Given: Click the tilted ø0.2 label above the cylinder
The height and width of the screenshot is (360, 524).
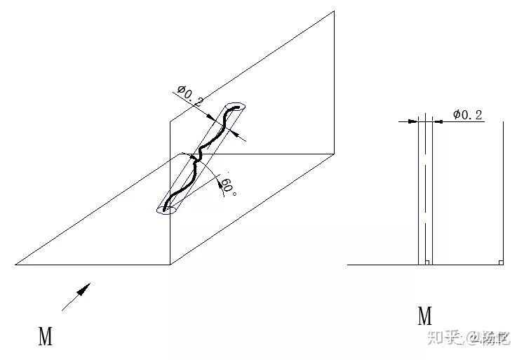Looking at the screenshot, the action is [x=191, y=95].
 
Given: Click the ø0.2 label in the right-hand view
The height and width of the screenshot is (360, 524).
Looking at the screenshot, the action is [x=467, y=114].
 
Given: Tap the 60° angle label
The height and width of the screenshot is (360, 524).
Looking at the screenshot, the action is [x=227, y=187].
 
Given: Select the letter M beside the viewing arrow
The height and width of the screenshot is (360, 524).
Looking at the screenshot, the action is [x=46, y=337].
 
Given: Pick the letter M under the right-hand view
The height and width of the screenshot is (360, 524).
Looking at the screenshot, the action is [x=425, y=316].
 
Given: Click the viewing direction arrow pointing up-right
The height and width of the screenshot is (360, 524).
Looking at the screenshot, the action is [x=76, y=296].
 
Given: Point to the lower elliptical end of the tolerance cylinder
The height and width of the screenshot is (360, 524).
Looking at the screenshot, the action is [x=166, y=209].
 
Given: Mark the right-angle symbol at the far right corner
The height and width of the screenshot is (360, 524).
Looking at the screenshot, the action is [x=500, y=262].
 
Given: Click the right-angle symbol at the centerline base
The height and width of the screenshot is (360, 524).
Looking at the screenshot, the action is [x=426, y=262].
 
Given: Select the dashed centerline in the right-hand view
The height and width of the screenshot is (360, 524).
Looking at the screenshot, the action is [x=425, y=189].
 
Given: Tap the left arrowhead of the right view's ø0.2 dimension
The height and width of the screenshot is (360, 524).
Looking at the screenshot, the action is [x=414, y=121].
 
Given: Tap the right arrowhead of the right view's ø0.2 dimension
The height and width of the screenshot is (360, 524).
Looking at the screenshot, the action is [x=437, y=121].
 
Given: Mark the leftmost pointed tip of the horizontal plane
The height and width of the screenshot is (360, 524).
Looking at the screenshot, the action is [x=16, y=265].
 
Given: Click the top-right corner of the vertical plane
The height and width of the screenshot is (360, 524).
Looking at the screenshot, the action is [x=333, y=12].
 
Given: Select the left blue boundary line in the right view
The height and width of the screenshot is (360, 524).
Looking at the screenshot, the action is [x=419, y=189].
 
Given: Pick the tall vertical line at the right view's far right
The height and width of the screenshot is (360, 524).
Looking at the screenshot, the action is [x=504, y=189].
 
